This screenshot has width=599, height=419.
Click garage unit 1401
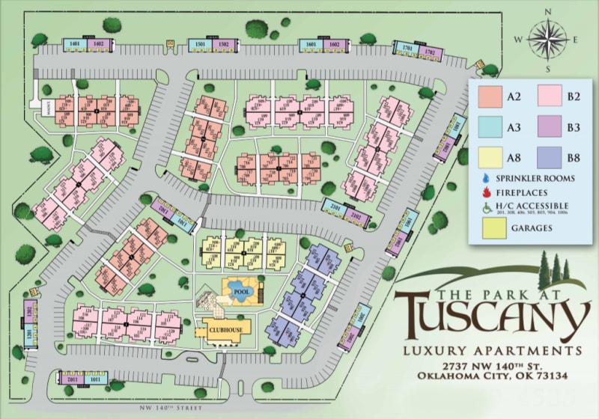(74, 44)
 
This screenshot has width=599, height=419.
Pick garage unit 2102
(356, 216)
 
